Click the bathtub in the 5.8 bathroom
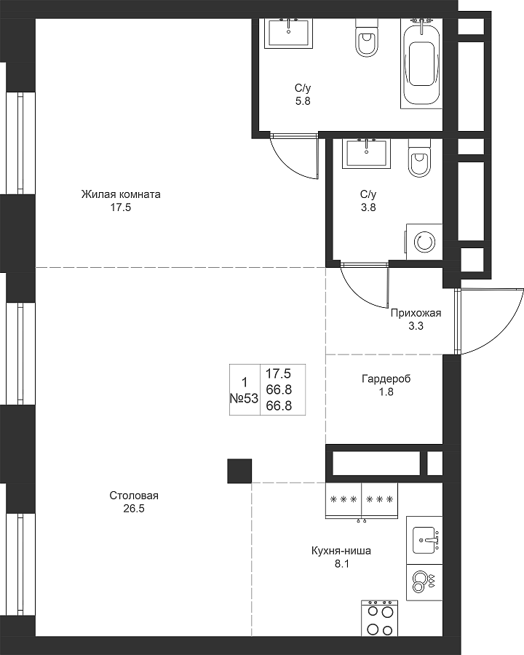click(421, 63)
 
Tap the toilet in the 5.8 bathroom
click(367, 38)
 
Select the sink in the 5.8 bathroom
click(289, 33)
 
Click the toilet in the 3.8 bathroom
click(419, 158)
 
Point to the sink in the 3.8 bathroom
click(367, 154)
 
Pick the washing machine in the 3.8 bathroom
click(424, 242)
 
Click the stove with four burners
click(379, 618)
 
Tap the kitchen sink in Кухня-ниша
click(424, 540)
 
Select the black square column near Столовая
click(239, 471)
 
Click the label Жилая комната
click(121, 194)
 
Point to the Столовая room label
click(134, 496)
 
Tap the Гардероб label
click(386, 379)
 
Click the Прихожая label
click(416, 313)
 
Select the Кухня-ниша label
click(341, 551)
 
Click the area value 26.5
click(134, 509)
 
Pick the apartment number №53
click(244, 399)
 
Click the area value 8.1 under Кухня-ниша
click(341, 564)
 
